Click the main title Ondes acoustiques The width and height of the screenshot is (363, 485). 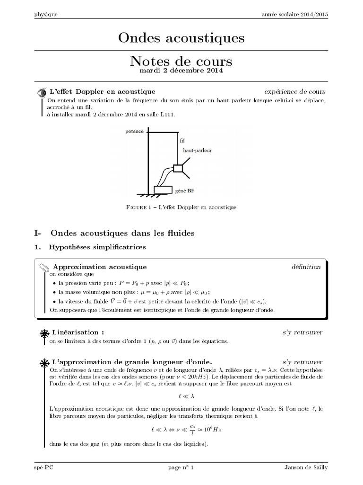181,38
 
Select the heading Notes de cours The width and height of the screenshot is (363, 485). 181,62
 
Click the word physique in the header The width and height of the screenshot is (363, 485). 46,14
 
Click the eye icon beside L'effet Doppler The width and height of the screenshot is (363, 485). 42,92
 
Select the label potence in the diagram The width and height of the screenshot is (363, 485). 134,131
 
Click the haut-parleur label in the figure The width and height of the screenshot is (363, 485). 198,150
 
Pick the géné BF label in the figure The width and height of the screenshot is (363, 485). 184,191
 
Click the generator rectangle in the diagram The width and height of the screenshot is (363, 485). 163,190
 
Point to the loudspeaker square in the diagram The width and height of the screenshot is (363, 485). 178,168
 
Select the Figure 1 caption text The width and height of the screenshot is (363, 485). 181,207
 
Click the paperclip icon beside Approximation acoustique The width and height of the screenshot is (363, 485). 44,268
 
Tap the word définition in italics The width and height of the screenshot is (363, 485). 306,267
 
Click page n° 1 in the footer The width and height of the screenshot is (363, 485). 181,467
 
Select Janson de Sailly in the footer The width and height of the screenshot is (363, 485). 305,467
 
